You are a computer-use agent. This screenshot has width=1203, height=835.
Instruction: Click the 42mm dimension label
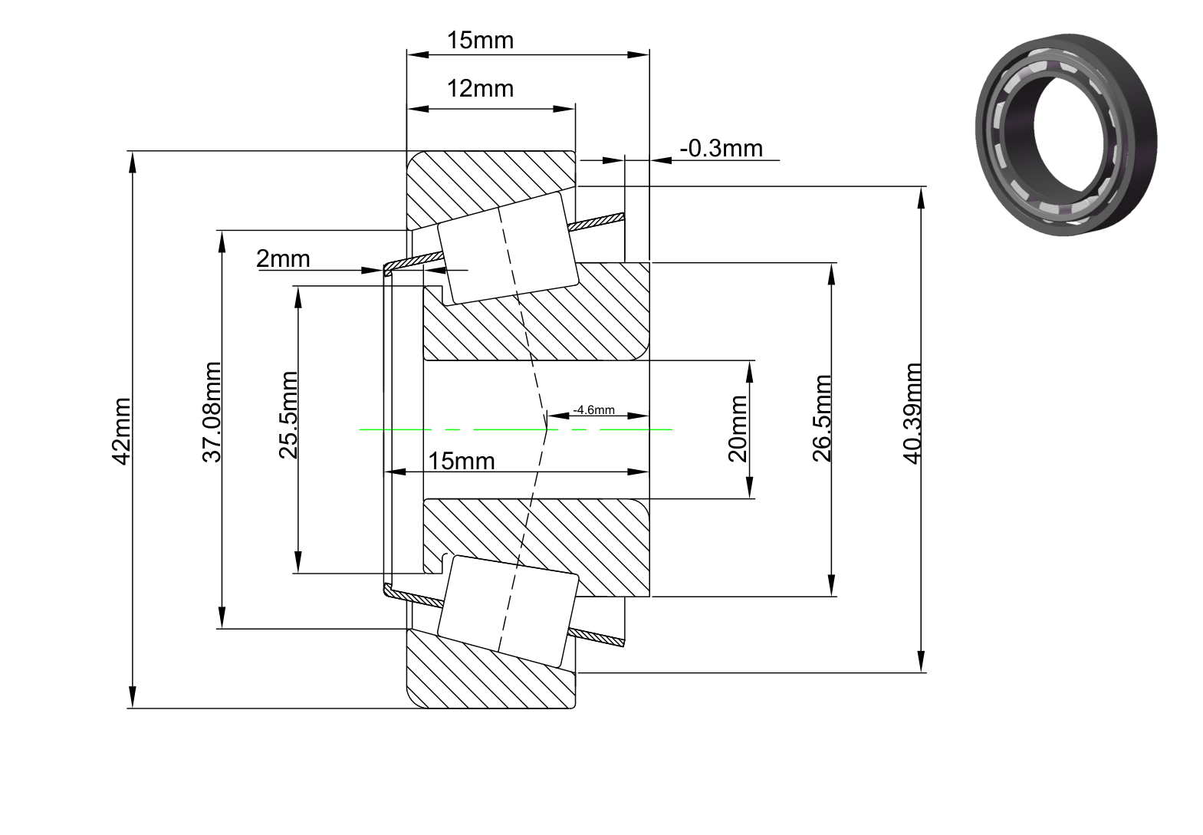[121, 431]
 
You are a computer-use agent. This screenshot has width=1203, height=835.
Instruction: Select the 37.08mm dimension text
[212, 412]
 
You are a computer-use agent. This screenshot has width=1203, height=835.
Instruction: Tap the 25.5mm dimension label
[288, 415]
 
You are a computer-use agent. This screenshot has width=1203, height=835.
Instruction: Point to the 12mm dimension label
[480, 89]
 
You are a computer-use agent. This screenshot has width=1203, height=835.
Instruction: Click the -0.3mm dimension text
[721, 148]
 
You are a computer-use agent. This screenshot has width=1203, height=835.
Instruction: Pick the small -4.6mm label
[593, 409]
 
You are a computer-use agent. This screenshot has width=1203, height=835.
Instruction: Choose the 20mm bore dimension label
[738, 429]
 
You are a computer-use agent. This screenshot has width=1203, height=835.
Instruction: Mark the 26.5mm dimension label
[822, 419]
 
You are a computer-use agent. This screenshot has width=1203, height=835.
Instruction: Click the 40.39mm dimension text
[912, 413]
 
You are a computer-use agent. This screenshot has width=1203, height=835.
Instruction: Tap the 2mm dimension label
[283, 259]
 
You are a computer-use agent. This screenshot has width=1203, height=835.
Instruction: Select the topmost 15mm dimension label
[480, 41]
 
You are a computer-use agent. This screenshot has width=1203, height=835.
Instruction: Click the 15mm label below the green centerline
[462, 462]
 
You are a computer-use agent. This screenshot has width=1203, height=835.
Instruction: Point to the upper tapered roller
[508, 248]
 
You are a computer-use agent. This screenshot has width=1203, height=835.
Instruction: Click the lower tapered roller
[508, 611]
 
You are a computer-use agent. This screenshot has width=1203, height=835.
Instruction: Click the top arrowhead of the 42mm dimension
[132, 162]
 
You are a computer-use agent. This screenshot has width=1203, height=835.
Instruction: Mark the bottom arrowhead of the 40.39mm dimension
[921, 661]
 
